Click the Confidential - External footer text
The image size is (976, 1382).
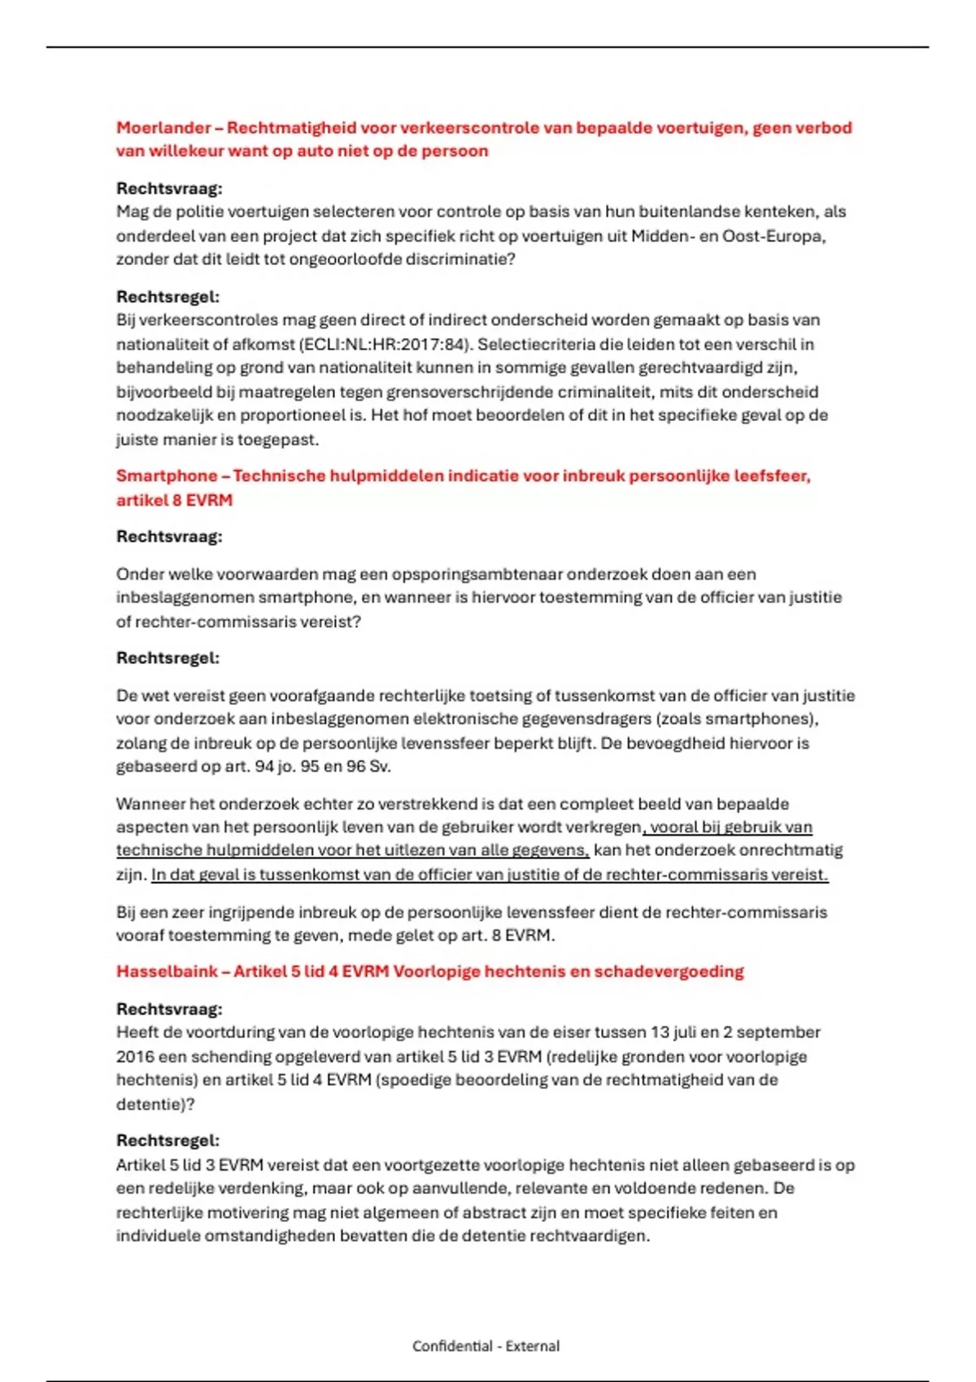[x=486, y=1345]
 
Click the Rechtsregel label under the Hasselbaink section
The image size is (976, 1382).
[x=168, y=1141]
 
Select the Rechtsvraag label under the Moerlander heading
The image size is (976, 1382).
[x=169, y=189]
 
